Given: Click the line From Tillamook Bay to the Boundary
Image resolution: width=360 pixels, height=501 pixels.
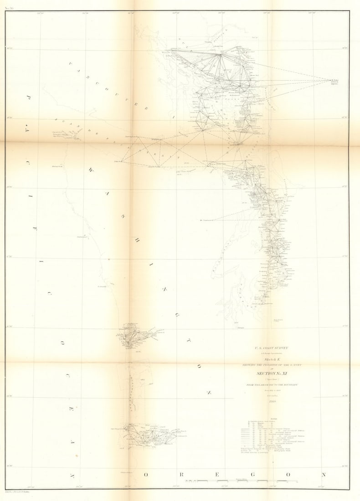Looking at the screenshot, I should [x=273, y=385].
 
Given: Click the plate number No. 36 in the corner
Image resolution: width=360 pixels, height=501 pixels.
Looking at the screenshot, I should [x=9, y=8].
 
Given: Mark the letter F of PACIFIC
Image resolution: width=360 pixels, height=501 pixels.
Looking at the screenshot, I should [x=35, y=228].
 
